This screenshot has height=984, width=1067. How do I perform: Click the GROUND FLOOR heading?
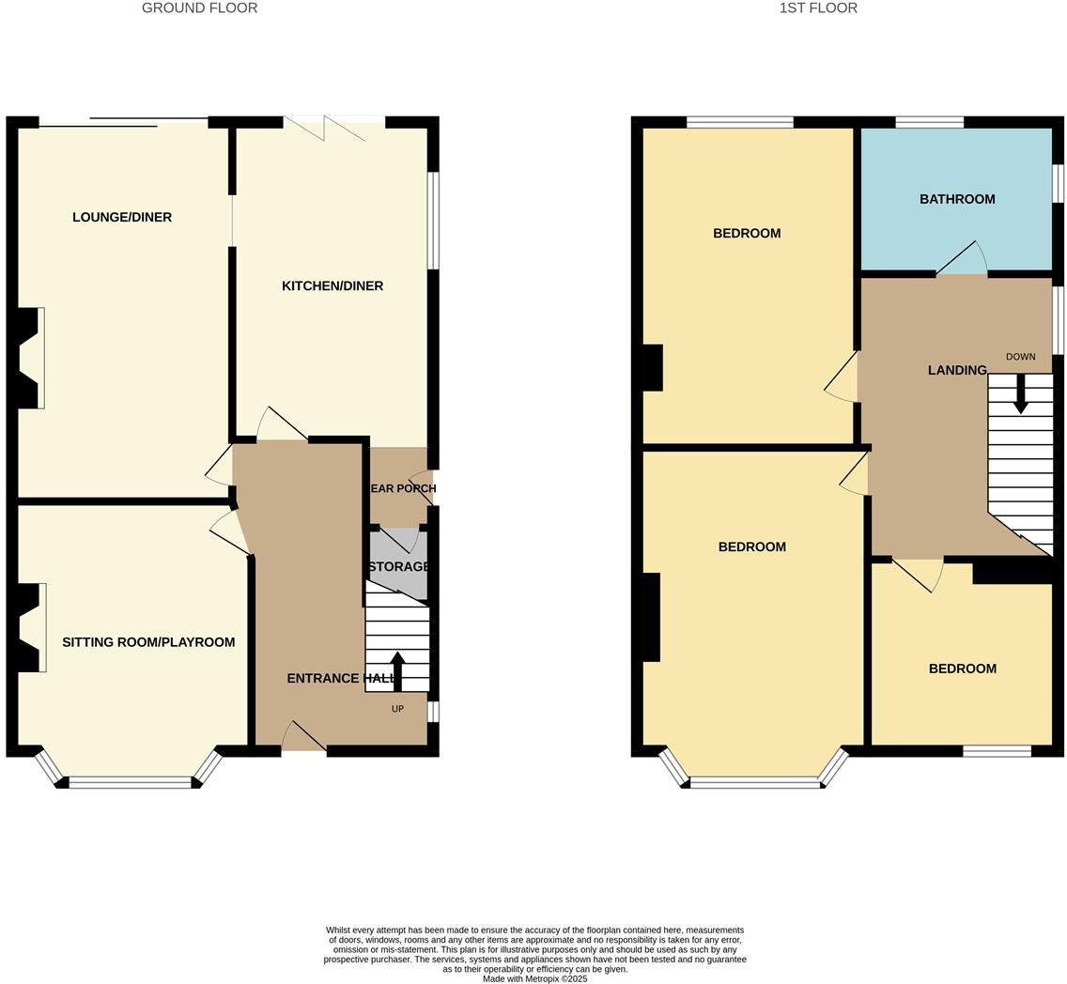pos(199,8)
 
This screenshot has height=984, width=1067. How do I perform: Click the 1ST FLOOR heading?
pos(817,8)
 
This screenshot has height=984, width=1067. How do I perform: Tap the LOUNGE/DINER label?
pos(122,218)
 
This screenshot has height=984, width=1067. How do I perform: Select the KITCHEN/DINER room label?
pos(332,286)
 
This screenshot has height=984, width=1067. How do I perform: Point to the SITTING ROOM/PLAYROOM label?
pos(148,643)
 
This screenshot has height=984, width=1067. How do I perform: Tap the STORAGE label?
pos(398,567)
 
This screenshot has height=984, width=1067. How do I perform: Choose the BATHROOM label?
pos(956,199)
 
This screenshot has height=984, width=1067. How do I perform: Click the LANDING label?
pos(956,371)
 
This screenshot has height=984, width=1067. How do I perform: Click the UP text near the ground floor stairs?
pos(397,709)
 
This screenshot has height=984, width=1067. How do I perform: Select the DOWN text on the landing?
pos(1020,357)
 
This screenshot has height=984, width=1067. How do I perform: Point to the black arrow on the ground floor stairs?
pos(397,670)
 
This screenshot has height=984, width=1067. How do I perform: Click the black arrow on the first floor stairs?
pos(1020,394)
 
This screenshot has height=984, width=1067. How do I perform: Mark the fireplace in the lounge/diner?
pos(30,358)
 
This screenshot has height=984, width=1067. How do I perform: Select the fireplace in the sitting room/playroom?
pos(31,627)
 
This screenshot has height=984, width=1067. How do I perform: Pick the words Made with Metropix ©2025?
pos(534,979)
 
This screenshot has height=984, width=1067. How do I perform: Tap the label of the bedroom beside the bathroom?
pos(747,234)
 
